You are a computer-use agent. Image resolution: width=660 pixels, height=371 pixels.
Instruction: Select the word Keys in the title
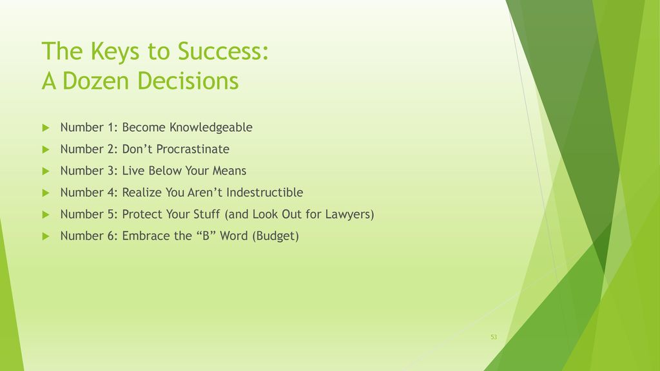click(x=115, y=52)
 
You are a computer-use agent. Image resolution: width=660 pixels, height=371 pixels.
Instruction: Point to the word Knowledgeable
click(x=211, y=128)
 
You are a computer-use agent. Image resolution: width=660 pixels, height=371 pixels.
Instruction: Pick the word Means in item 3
click(x=229, y=171)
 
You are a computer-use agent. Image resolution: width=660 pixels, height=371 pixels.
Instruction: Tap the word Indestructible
click(x=265, y=192)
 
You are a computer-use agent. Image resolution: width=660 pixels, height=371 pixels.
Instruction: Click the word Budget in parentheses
click(x=276, y=236)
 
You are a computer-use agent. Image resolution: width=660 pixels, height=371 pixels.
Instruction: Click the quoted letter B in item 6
click(x=206, y=236)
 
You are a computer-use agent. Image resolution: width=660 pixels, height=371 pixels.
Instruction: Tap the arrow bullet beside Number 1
click(x=46, y=128)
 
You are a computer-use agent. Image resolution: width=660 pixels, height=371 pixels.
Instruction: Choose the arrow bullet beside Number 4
click(x=46, y=193)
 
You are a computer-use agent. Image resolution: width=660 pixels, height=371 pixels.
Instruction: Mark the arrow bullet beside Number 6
click(x=46, y=236)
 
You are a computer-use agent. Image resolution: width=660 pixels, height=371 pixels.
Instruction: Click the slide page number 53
click(x=494, y=337)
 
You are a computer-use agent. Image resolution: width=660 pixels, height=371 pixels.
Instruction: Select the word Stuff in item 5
click(x=206, y=214)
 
